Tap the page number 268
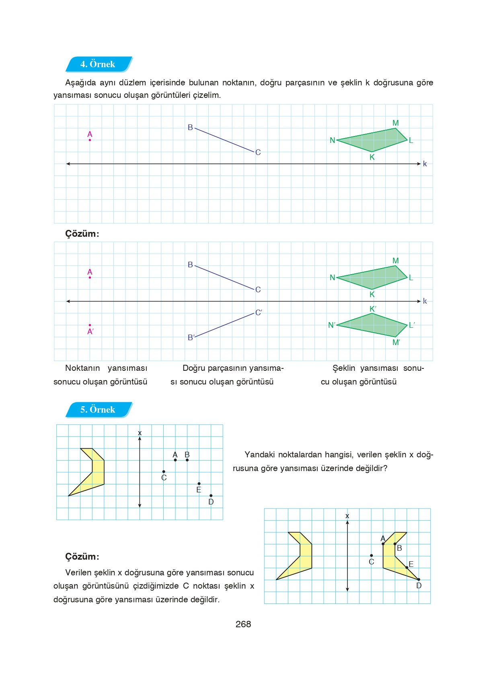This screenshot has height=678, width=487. tap(243, 624)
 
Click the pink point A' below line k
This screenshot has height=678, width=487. tap(90, 325)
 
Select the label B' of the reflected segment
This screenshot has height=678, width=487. tap(191, 337)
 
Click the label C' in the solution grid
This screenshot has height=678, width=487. tap(259, 312)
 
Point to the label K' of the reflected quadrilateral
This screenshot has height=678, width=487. tap(373, 309)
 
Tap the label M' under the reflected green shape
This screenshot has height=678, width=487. tap(396, 343)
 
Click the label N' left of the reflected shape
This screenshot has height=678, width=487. tap(331, 325)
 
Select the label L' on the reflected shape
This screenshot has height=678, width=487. tap(412, 325)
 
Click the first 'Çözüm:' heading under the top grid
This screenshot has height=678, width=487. tap(82, 234)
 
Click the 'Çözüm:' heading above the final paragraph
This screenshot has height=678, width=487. tap(82, 557)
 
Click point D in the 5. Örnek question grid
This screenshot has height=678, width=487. tap(211, 496)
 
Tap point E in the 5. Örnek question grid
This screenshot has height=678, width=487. tap(199, 484)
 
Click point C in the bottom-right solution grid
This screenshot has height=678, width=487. tap(371, 556)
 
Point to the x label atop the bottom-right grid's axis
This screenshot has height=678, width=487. tap(347, 516)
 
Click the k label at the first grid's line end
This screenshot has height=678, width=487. tap(425, 164)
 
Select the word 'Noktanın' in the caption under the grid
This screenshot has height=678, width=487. tap(82, 368)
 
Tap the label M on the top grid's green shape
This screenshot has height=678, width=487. tap(396, 123)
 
